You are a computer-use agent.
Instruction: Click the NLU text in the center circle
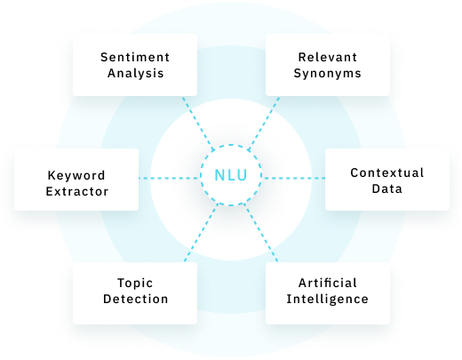pos(230,175)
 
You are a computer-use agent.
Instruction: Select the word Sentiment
pos(135,57)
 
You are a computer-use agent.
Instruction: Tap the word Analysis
pos(136,73)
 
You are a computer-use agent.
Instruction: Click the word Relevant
pos(328,57)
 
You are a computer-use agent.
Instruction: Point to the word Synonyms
pos(328,74)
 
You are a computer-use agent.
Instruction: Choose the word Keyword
pos(76,175)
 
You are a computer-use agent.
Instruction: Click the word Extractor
pos(77,191)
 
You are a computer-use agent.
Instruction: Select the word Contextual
pos(387,172)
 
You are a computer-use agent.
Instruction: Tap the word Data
pos(387,188)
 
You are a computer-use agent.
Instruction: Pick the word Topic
pos(135,284)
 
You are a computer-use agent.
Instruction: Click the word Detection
pos(136,299)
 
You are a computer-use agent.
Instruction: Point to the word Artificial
pos(328,283)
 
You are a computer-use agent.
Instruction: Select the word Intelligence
pos(328,299)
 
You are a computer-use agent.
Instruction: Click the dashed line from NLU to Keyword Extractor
pos(168,178)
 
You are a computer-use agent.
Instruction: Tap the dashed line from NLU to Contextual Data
pos(294,178)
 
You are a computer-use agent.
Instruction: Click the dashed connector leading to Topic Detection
pos(201,233)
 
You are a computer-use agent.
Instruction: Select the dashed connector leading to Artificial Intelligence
pos(261,233)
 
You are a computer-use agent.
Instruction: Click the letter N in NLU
pos(219,175)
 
